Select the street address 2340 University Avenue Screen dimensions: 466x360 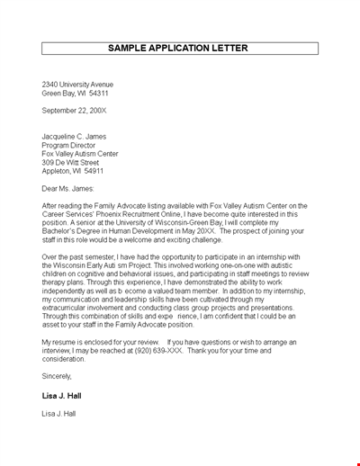tap(77, 85)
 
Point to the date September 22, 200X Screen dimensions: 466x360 tap(74, 111)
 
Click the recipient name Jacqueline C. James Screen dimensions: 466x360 tap(75, 137)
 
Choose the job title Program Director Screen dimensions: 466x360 tap(69, 145)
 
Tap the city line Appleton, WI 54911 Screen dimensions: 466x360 tap(73, 170)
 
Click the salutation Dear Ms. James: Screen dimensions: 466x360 tap(70, 188)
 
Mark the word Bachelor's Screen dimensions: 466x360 tap(60, 230)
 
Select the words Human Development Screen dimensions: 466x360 tap(161, 230)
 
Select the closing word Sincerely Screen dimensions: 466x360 tap(57, 376)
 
